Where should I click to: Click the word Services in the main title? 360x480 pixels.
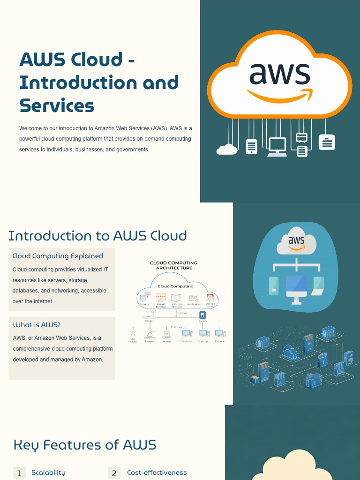(57, 106)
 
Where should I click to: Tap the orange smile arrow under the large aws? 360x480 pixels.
(279, 96)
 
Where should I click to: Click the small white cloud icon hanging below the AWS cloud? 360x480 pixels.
(227, 149)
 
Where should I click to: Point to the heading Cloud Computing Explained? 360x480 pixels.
(58, 256)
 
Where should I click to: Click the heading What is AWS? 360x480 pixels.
(37, 324)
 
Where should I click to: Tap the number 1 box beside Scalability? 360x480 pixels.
(20, 473)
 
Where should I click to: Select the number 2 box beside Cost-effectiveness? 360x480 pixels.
(114, 473)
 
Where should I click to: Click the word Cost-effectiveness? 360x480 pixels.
(157, 472)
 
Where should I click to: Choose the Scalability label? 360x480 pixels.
(48, 472)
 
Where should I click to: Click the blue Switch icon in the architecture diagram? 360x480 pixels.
(202, 315)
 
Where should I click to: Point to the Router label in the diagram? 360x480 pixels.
(150, 321)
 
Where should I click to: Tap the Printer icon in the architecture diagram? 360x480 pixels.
(166, 335)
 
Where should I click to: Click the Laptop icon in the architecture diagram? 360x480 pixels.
(150, 335)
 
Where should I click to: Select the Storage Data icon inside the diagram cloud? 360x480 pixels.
(210, 298)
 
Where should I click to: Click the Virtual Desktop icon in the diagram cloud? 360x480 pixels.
(160, 297)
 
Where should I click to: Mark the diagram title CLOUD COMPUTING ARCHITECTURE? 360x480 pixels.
(173, 265)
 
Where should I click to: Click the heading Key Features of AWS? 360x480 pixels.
(85, 444)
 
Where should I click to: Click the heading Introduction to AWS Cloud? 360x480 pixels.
(97, 235)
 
